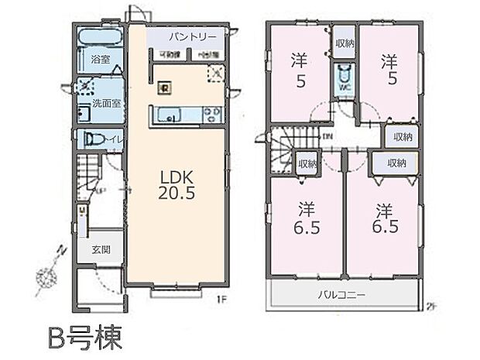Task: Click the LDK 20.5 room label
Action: [179, 183]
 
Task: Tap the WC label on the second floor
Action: [345, 88]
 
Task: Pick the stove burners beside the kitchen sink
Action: [212, 116]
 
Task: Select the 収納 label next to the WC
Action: [345, 44]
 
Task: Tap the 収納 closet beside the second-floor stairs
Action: [307, 164]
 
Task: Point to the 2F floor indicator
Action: [431, 306]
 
